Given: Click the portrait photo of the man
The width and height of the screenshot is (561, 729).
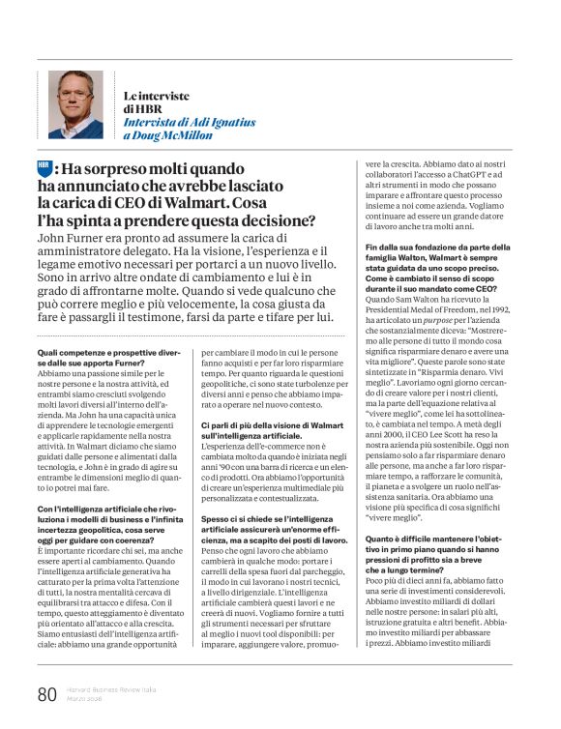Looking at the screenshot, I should point(77,104).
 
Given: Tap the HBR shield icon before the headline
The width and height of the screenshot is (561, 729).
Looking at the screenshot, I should point(44,166).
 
